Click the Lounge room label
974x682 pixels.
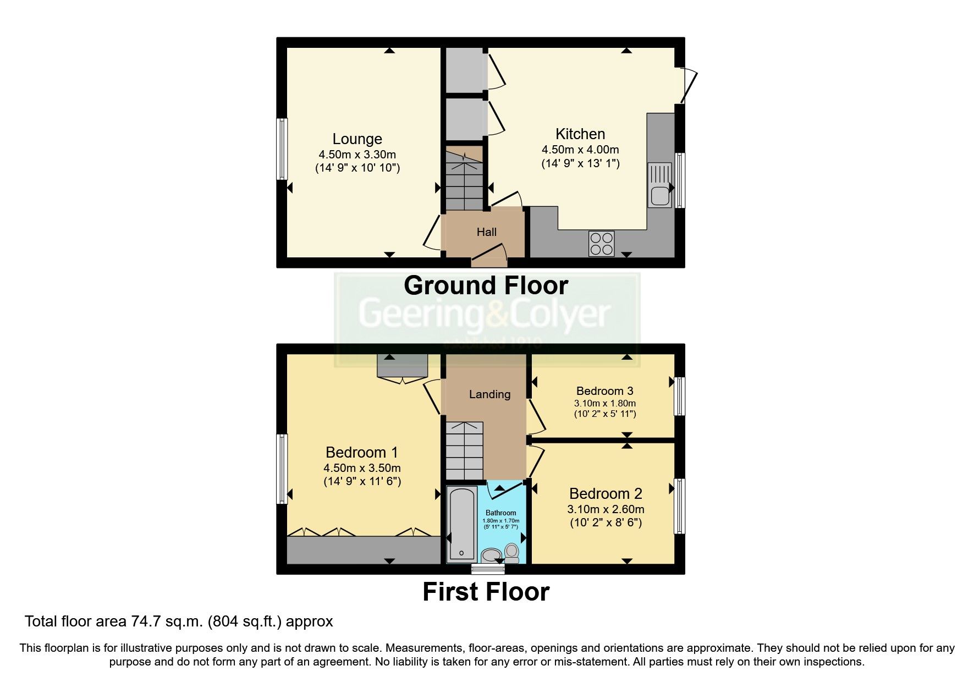(357, 139)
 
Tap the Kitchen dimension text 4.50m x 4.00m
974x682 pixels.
(580, 150)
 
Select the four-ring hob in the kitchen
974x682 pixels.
(602, 244)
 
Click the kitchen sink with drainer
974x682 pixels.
(659, 185)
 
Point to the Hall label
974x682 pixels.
(486, 232)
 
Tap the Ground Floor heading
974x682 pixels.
(486, 285)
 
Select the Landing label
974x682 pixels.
(489, 394)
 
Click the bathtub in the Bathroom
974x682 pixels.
(462, 524)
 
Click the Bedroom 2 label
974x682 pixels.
(606, 493)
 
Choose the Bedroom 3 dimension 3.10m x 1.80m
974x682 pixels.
(605, 403)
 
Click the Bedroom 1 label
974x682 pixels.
(361, 453)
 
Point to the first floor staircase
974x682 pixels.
(464, 450)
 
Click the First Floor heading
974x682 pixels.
(486, 592)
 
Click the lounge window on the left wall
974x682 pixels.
(282, 148)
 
